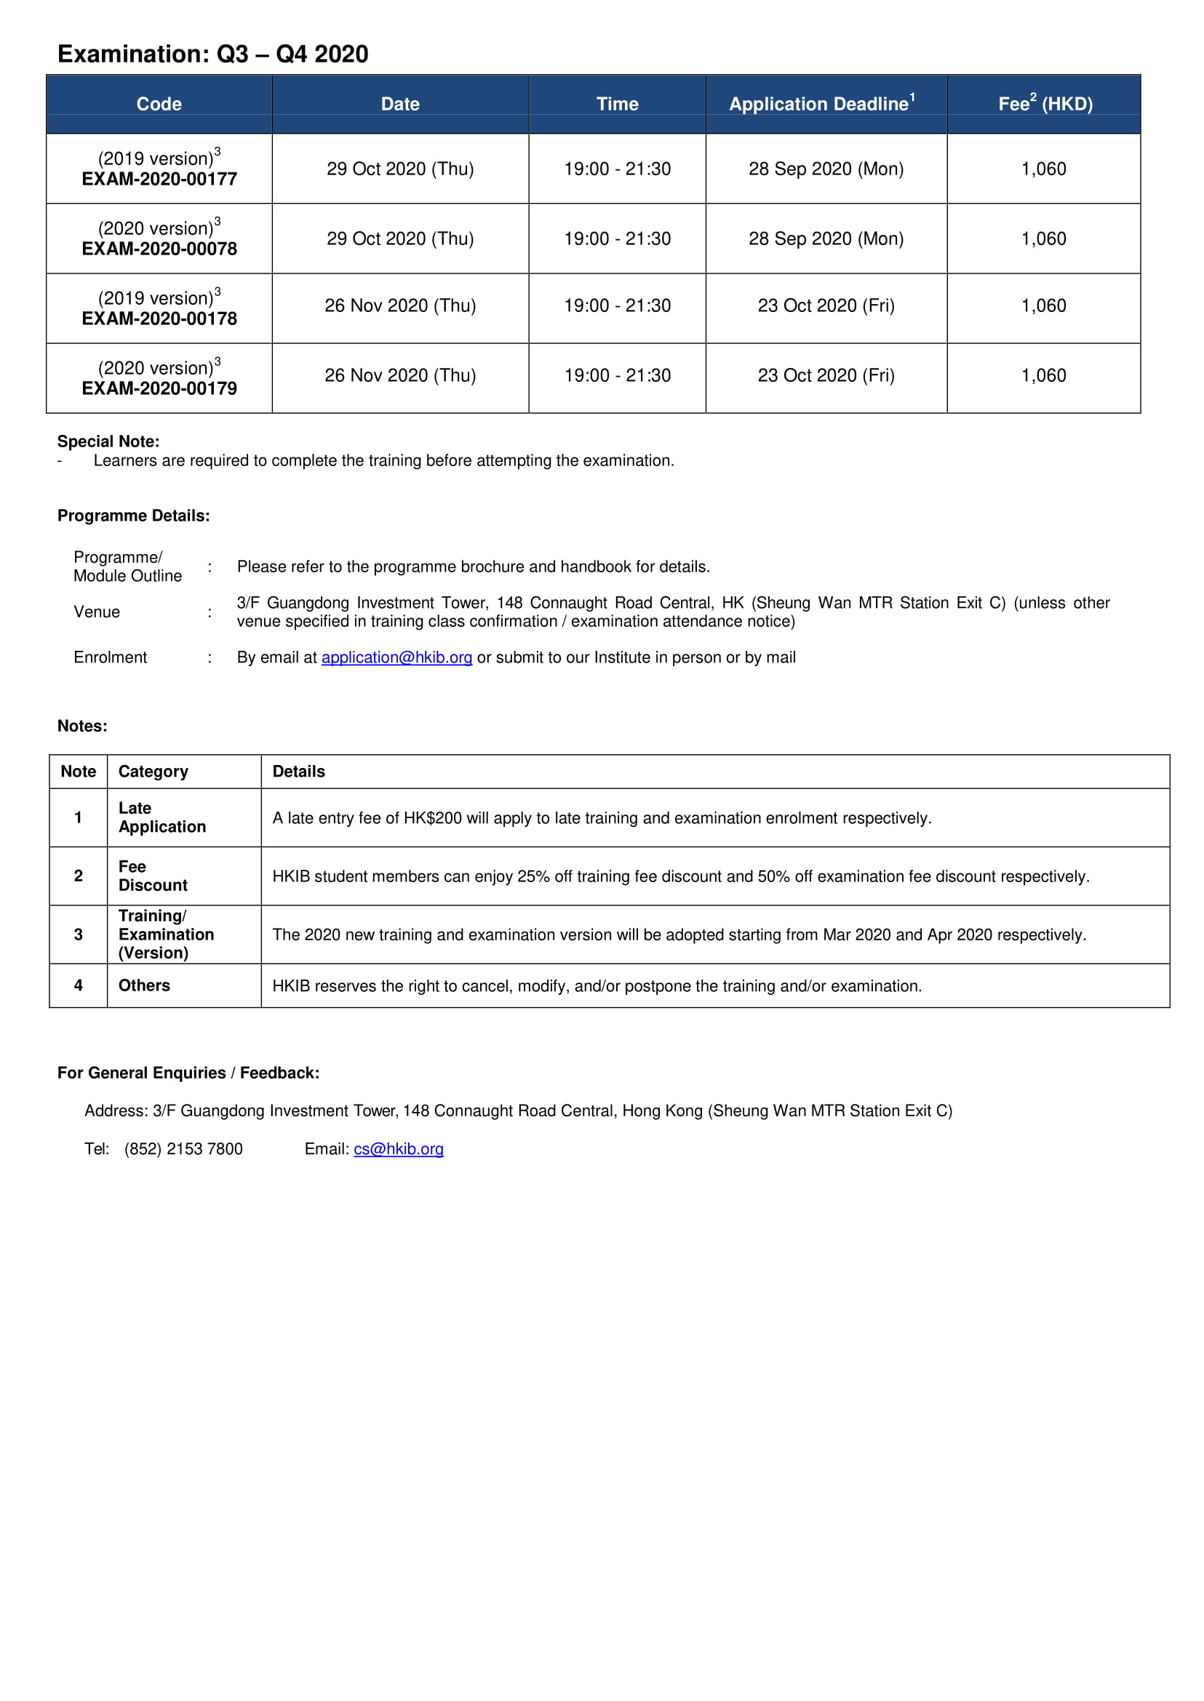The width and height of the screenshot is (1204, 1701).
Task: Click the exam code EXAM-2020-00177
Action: tap(159, 180)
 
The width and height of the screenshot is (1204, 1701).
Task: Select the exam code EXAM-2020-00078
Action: tap(159, 249)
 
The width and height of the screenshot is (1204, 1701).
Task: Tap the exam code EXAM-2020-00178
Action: tap(159, 319)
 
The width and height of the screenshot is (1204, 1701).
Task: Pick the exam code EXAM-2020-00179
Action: tap(159, 388)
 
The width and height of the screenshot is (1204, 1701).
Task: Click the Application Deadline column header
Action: tap(821, 104)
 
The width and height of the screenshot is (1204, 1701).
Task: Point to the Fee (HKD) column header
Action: tap(1045, 104)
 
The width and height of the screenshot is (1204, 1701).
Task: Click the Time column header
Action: tap(617, 104)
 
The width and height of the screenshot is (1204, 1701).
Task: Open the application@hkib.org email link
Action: tap(396, 657)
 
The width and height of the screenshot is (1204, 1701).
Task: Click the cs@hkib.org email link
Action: tap(398, 1149)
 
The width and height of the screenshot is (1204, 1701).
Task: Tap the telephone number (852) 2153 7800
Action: tap(183, 1149)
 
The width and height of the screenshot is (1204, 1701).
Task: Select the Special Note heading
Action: tap(108, 441)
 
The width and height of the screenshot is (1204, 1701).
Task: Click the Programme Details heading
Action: tap(133, 516)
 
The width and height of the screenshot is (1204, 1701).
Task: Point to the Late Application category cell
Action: tap(162, 817)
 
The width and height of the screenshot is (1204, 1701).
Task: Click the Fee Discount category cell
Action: tap(153, 876)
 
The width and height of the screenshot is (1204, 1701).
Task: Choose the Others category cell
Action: tap(144, 985)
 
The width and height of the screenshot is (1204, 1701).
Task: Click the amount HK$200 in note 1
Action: tap(432, 818)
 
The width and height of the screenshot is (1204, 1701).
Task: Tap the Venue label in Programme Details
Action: tap(96, 612)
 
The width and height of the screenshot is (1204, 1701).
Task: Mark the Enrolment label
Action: tap(110, 657)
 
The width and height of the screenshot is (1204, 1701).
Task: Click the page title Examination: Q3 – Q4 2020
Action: tap(212, 54)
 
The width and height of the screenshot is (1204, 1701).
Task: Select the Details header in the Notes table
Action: tap(299, 772)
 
